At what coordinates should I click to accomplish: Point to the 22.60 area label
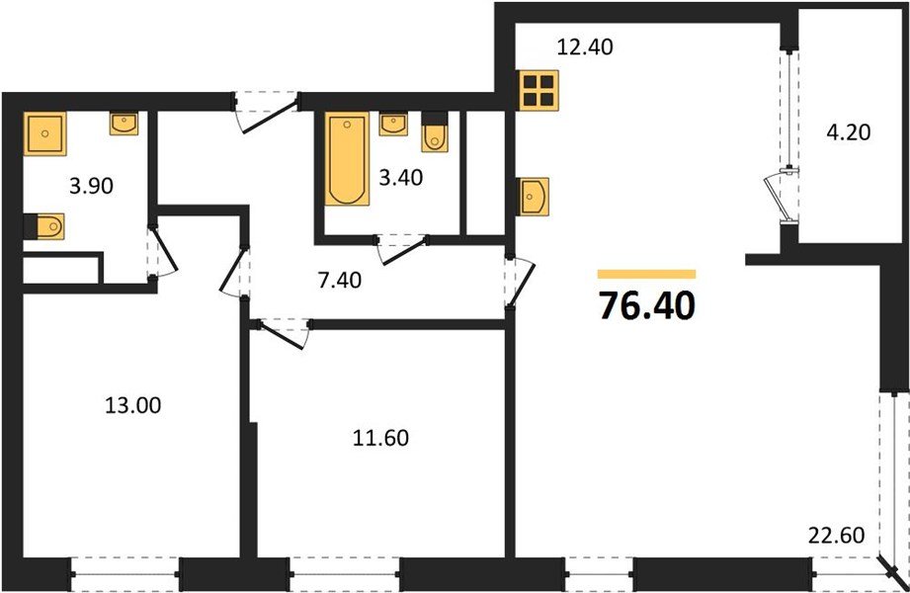[x=837, y=536]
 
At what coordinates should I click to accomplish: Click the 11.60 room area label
[x=379, y=436]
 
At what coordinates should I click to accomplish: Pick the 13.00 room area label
[x=132, y=404]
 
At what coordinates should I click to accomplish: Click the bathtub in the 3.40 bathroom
[x=347, y=160]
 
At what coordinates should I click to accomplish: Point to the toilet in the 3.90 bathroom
[x=45, y=227]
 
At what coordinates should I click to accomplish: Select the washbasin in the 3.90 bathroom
[x=124, y=124]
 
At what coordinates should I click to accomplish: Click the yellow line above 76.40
[x=647, y=274]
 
